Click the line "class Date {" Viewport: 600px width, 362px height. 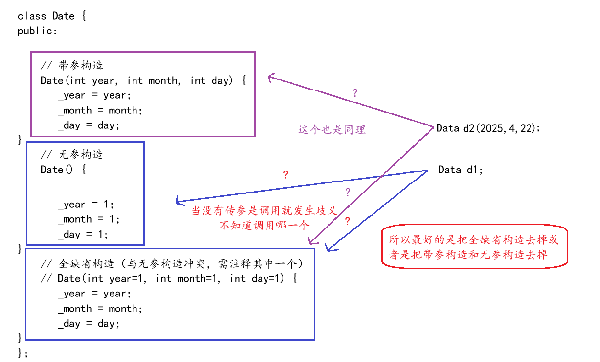click(53, 16)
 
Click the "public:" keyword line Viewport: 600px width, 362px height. click(38, 31)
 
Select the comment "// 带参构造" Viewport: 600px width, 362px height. click(72, 65)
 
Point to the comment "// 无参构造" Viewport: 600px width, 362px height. click(72, 155)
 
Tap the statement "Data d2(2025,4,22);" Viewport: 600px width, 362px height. click(488, 128)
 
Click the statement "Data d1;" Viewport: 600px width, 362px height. click(461, 170)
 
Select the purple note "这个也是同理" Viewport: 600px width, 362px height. click(332, 130)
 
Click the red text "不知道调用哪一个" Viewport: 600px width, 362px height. click(265, 224)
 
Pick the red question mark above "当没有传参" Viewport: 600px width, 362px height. click(285, 175)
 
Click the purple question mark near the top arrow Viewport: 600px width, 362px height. click(354, 92)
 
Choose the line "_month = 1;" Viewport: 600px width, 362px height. click(88, 219)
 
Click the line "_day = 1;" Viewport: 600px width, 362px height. click(82, 234)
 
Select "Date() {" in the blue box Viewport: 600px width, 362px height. click(64, 170)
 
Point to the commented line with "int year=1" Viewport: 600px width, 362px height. click(169, 278)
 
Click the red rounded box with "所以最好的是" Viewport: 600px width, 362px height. click(474, 247)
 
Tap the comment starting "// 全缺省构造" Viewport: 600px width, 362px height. click(172, 264)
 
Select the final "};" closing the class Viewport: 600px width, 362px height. click(23, 353)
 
